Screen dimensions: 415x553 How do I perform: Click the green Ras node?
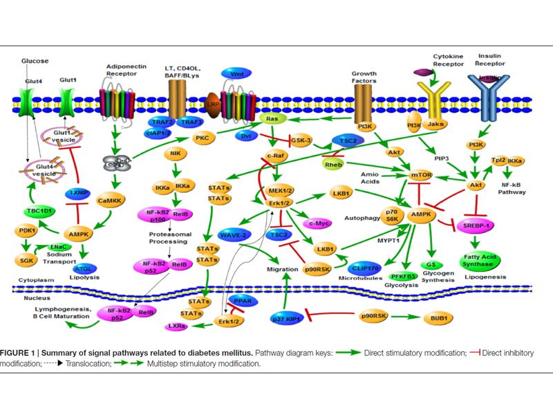272,119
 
